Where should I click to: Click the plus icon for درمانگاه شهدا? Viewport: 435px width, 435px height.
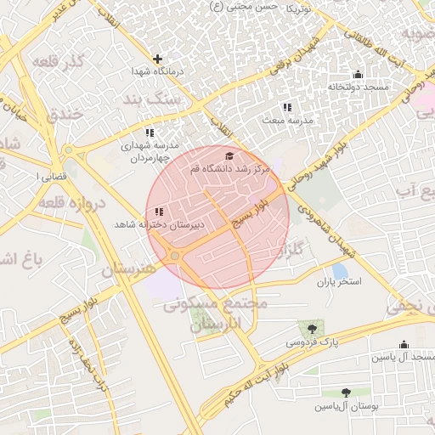point(157,59)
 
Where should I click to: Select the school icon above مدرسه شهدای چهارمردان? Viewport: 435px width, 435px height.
point(150,133)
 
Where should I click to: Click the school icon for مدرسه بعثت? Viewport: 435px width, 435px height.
point(287,107)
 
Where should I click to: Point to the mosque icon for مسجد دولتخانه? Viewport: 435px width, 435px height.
point(358,74)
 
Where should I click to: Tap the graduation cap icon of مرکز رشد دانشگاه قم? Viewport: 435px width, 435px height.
point(229,156)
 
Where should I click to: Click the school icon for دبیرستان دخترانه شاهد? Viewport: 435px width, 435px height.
point(160,212)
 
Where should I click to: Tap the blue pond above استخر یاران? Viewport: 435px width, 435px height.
point(339,271)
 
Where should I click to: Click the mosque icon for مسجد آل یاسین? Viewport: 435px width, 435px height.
point(404,345)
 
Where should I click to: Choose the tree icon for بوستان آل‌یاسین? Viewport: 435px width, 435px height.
point(346,393)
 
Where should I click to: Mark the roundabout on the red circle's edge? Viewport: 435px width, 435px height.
point(175,256)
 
